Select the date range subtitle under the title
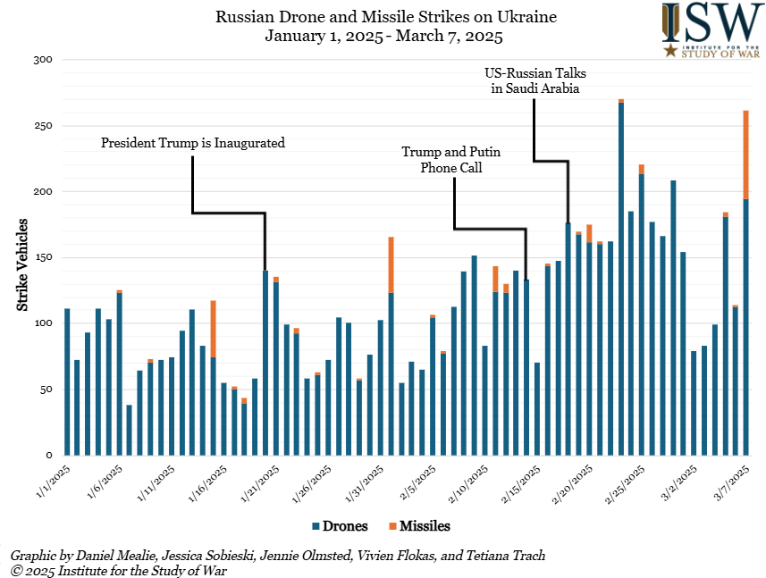(383, 37)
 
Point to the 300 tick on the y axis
(44, 60)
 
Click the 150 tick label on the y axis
(44, 258)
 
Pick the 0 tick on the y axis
(50, 456)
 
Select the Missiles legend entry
(418, 526)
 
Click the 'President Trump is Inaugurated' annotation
(192, 142)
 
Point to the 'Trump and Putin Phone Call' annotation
(451, 159)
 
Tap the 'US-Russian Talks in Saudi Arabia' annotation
(535, 80)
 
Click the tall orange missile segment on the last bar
(746, 155)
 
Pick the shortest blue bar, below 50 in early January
(130, 431)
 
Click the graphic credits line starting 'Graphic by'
(278, 556)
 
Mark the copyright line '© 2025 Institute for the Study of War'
(120, 570)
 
